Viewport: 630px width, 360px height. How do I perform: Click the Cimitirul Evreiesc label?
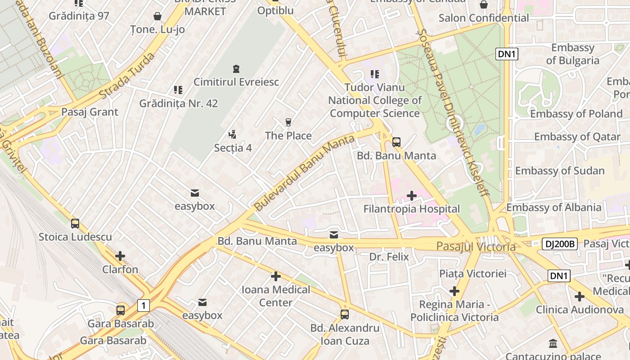pos(236,82)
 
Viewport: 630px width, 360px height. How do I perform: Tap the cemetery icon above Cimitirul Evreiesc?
pos(236,69)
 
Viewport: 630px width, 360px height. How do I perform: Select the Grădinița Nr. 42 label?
pos(178,103)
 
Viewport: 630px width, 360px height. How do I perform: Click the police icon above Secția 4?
pos(232,134)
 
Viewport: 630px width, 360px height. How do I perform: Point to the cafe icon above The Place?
pos(288,122)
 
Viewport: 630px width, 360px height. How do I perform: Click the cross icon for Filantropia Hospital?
pos(411,196)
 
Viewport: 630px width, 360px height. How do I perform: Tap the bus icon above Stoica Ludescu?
pos(75,223)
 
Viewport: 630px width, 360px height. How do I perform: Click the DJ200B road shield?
pos(559,244)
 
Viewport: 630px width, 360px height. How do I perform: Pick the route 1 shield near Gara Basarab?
pos(143,306)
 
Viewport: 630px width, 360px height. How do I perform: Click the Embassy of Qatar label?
pos(577,136)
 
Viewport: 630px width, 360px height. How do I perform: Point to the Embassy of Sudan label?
pos(560,171)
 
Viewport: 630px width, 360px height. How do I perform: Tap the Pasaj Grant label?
pos(90,112)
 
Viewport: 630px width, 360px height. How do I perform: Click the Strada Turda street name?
pos(127,76)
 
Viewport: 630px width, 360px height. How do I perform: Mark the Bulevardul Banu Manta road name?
pos(304,173)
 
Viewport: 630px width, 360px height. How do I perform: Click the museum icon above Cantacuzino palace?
pos(553,344)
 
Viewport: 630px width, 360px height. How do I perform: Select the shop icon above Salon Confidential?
pos(484,4)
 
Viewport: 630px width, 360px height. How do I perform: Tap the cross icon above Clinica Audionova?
pos(579,296)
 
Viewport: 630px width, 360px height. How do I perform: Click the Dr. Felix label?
pos(389,256)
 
